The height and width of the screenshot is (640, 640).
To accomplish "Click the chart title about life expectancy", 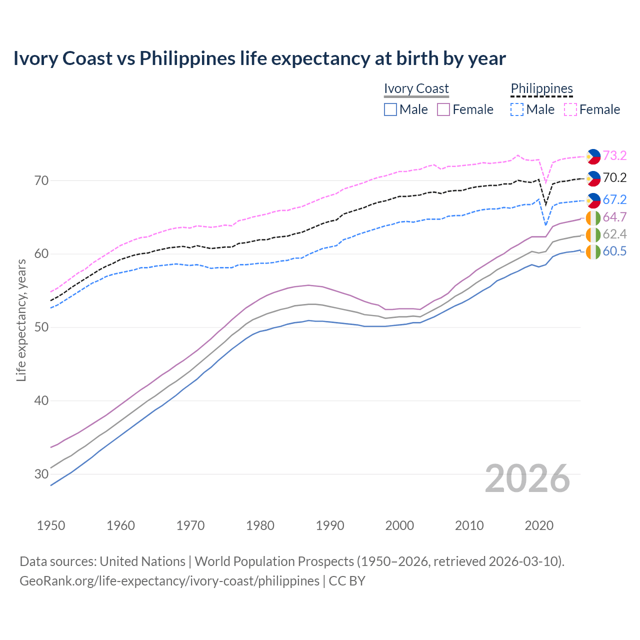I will [259, 58].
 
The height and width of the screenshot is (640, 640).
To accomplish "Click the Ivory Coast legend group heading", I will [416, 88].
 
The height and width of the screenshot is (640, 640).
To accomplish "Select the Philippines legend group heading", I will [541, 88].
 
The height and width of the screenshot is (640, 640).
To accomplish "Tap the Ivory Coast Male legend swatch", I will [390, 109].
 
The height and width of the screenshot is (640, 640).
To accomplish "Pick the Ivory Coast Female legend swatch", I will [443, 109].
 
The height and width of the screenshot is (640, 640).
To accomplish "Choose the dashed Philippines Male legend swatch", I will [517, 109].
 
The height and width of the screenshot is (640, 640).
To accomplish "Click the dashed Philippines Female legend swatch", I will [570, 109].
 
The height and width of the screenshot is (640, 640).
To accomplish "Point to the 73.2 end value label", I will [614, 155].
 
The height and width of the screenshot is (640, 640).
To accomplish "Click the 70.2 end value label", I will [614, 177].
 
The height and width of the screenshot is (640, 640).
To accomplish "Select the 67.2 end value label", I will [614, 199].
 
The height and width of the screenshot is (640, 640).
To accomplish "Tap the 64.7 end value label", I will [614, 217].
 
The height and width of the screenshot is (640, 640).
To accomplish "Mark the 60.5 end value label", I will [614, 251].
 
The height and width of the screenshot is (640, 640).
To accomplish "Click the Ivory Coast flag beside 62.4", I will [593, 234].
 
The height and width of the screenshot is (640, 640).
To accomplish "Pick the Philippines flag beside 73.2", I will [593, 156].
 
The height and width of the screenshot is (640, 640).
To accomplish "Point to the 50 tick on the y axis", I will [41, 327].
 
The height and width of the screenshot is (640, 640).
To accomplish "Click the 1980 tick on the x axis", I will [260, 525].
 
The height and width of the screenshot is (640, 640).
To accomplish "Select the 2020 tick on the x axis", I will [539, 525].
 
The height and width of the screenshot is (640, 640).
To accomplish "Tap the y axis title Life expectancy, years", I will [21, 320].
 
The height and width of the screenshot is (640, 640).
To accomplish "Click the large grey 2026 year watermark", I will [527, 478].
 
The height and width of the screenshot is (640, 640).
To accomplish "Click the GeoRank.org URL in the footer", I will [169, 581].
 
